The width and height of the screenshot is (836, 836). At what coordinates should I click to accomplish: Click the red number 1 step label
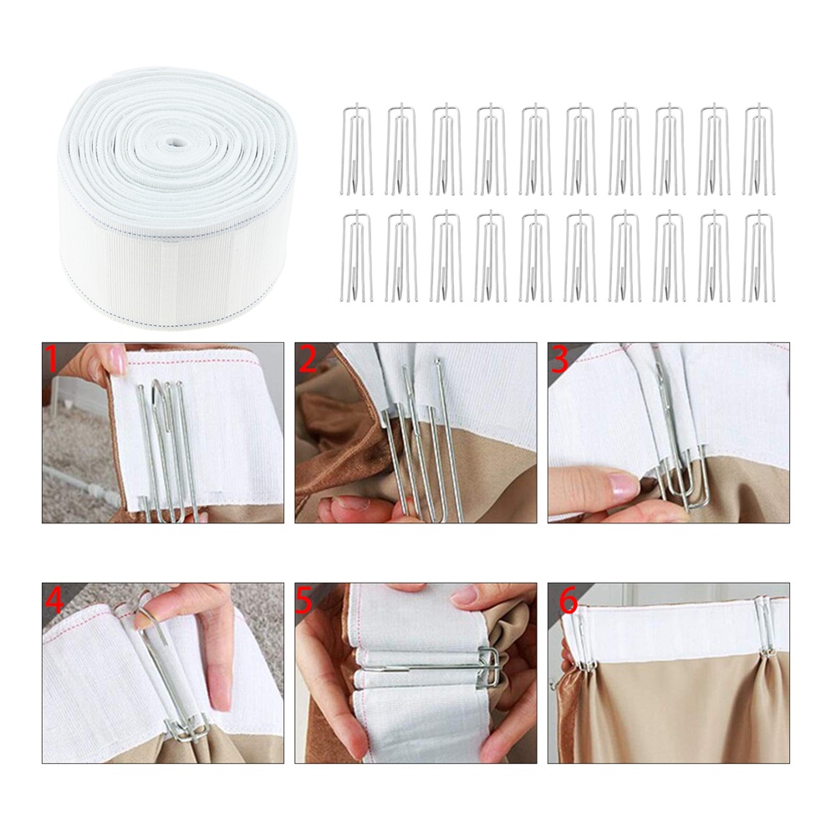52,359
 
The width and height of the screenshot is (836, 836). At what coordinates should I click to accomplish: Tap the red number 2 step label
308,359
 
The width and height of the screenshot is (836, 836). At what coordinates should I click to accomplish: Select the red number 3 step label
561,359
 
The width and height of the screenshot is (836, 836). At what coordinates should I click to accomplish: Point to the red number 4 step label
55,601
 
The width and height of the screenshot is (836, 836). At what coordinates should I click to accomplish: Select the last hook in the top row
759,149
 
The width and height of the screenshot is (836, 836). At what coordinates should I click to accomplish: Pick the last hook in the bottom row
759,256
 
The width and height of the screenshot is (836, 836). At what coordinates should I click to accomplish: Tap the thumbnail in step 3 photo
619,484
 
